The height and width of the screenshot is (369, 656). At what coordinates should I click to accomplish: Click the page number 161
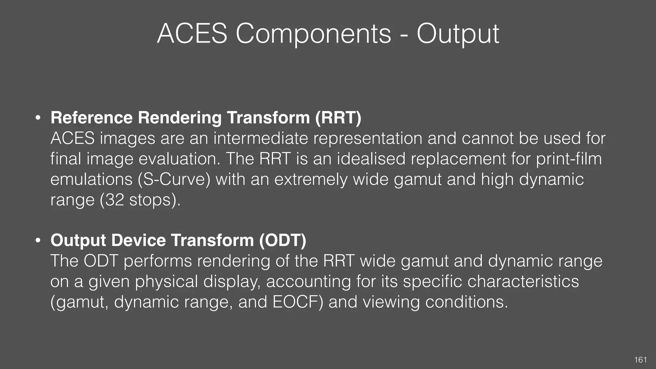pyautogui.click(x=640, y=360)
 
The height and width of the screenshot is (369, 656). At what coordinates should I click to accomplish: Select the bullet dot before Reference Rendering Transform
pyautogui.click(x=38, y=118)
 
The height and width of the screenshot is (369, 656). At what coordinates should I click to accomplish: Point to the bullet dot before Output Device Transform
pyautogui.click(x=38, y=241)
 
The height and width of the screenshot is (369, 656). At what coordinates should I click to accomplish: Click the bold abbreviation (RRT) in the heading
pyautogui.click(x=338, y=118)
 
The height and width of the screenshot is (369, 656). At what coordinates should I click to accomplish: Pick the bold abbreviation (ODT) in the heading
pyautogui.click(x=283, y=240)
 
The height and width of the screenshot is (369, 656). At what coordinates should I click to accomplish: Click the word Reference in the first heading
pyautogui.click(x=92, y=118)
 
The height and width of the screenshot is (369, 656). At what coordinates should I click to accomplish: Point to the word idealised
pyautogui.click(x=371, y=159)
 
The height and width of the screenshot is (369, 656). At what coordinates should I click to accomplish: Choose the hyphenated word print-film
pyautogui.click(x=569, y=159)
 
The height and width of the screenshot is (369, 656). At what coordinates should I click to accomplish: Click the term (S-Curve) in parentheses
pyautogui.click(x=174, y=179)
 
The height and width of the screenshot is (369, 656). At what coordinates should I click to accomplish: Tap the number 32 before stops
pyautogui.click(x=114, y=200)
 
